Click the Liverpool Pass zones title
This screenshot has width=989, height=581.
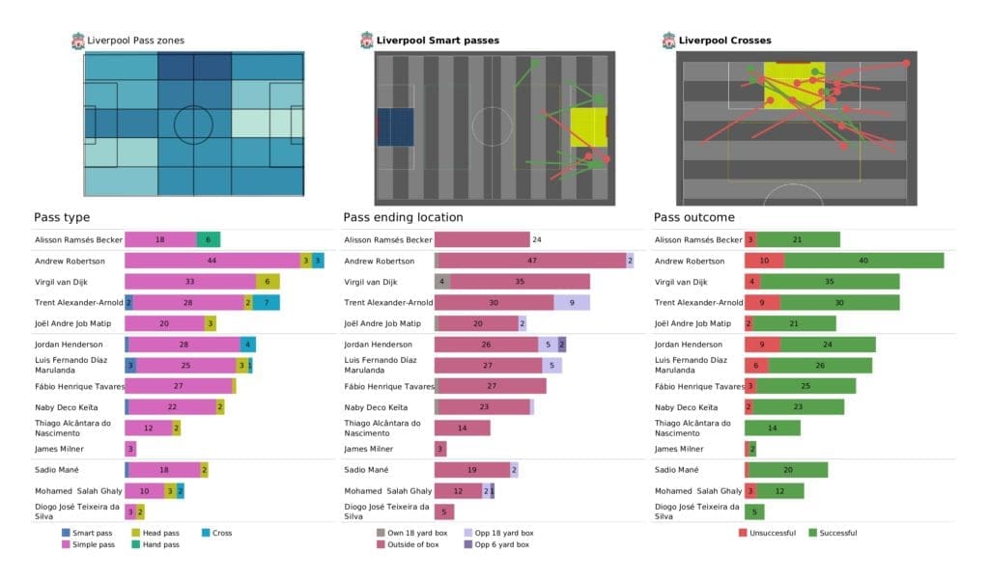pyautogui.click(x=135, y=41)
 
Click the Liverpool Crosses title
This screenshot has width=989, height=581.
pyautogui.click(x=724, y=41)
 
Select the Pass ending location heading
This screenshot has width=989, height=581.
pyautogui.click(x=403, y=217)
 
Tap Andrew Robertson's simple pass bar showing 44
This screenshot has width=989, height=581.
pyautogui.click(x=212, y=261)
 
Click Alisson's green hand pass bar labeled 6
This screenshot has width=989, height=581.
pyautogui.click(x=209, y=239)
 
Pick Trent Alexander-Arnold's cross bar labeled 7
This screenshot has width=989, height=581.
pyautogui.click(x=267, y=302)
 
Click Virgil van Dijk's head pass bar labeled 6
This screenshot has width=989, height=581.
pyautogui.click(x=268, y=281)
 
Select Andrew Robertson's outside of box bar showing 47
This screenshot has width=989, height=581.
pyautogui.click(x=532, y=261)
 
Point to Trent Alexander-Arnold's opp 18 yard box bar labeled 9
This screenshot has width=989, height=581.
pyautogui.click(x=572, y=302)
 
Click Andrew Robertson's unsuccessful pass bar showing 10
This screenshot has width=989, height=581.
pyautogui.click(x=764, y=261)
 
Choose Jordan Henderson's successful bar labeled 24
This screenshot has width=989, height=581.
pyautogui.click(x=828, y=345)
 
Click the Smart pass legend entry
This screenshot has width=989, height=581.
pyautogui.click(x=88, y=533)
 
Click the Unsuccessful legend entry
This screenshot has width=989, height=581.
pyautogui.click(x=774, y=533)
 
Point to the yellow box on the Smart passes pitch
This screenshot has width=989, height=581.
pyautogui.click(x=588, y=127)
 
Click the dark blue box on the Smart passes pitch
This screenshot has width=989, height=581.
pyautogui.click(x=395, y=126)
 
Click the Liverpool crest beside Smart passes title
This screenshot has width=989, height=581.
pyautogui.click(x=367, y=41)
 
